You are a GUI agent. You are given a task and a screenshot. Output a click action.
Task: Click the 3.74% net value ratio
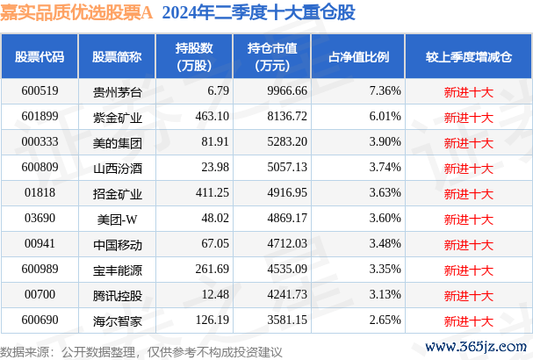tap(385, 164)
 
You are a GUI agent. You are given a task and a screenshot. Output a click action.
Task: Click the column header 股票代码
tap(40, 57)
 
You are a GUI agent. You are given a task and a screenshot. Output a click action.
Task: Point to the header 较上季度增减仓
tap(468, 57)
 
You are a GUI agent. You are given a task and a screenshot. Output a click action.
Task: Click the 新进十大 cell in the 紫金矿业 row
tap(468, 115)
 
